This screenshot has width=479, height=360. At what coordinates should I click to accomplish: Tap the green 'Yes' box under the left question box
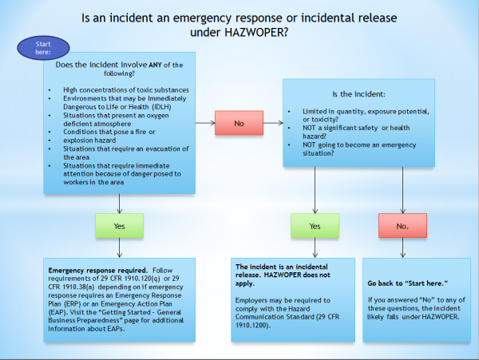click(119, 226)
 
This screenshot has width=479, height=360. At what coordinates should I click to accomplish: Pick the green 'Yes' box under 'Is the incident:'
click(315, 226)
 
